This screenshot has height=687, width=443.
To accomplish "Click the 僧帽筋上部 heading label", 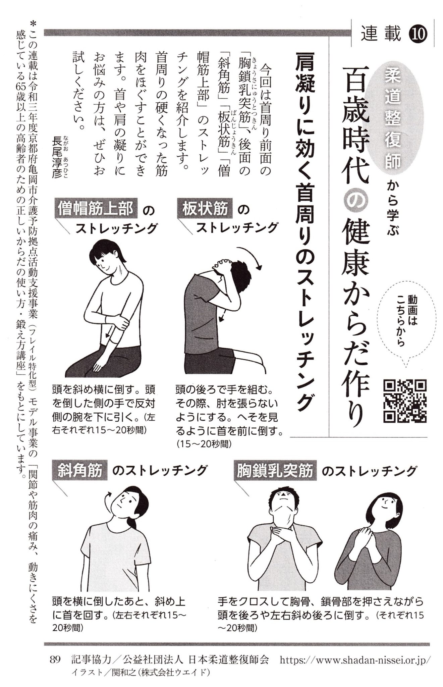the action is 96,209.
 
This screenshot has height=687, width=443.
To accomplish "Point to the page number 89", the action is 55,660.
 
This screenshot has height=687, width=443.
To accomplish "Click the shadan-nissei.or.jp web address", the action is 354,660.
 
